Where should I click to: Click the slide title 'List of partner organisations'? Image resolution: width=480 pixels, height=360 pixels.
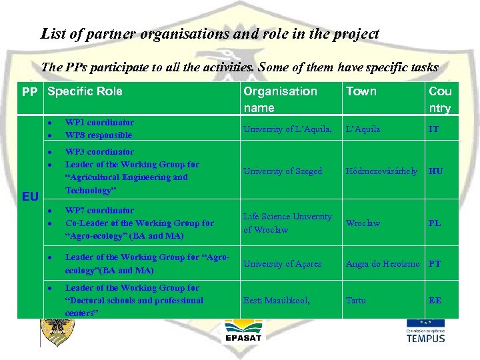pyautogui.click(x=209, y=33)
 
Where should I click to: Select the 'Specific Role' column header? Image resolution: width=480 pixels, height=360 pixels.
pyautogui.click(x=85, y=91)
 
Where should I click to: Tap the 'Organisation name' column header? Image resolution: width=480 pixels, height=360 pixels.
pyautogui.click(x=280, y=99)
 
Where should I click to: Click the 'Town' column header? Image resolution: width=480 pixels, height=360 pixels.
pyautogui.click(x=361, y=91)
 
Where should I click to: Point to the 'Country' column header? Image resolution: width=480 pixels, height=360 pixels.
pyautogui.click(x=440, y=99)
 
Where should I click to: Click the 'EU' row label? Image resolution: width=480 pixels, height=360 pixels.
pyautogui.click(x=30, y=197)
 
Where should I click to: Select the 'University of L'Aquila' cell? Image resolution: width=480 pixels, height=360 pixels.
pyautogui.click(x=287, y=129)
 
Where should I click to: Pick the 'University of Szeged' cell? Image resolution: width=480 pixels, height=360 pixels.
pyautogui.click(x=282, y=171)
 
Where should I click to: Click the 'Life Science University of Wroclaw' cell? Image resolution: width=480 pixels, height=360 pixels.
pyautogui.click(x=287, y=223)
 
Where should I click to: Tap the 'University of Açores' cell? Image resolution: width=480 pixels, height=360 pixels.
pyautogui.click(x=282, y=264)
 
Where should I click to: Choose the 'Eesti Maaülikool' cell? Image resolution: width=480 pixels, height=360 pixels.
pyautogui.click(x=276, y=301)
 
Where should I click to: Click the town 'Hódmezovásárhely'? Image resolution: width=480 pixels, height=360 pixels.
pyautogui.click(x=381, y=171)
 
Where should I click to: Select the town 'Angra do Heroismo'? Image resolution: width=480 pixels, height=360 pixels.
pyautogui.click(x=383, y=264)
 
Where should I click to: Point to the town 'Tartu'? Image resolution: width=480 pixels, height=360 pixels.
pyautogui.click(x=355, y=301)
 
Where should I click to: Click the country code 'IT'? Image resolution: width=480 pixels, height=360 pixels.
pyautogui.click(x=433, y=129)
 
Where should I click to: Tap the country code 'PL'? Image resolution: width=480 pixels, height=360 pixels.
pyautogui.click(x=434, y=223)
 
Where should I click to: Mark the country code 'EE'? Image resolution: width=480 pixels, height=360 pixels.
pyautogui.click(x=435, y=301)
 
